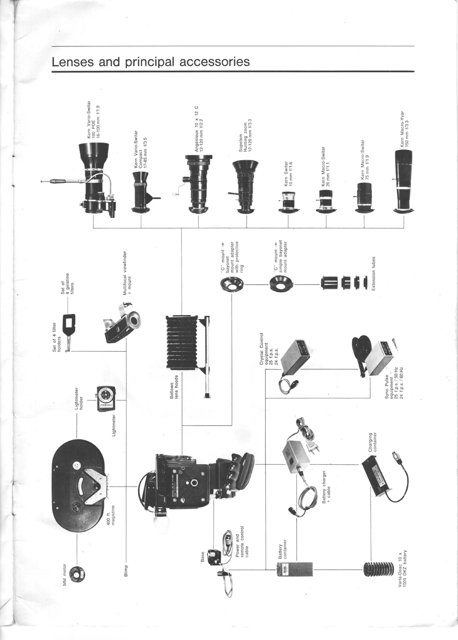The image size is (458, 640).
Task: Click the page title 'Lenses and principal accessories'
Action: pyautogui.click(x=151, y=62)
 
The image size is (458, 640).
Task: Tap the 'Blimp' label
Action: pyautogui.click(x=126, y=571)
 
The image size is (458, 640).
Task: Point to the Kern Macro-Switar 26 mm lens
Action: pyautogui.click(x=326, y=200)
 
